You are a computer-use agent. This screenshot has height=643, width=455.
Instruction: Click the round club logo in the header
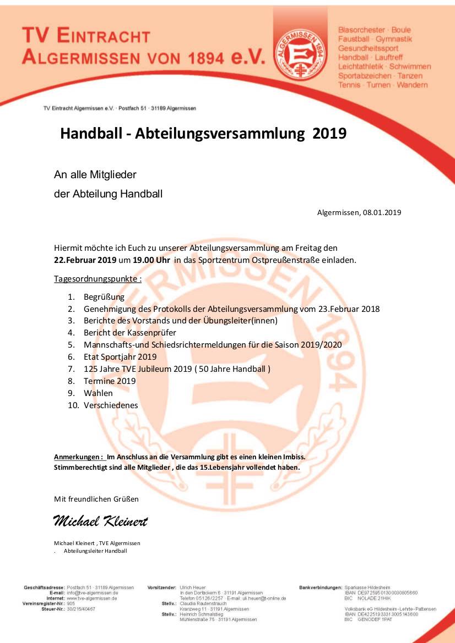tap(301, 53)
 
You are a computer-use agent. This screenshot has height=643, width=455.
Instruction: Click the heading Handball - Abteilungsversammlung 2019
tap(203, 133)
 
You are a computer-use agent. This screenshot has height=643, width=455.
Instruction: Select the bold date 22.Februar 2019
tap(81, 260)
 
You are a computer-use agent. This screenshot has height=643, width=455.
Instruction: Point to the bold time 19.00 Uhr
tap(151, 260)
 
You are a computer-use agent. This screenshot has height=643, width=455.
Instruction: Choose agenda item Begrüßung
tap(104, 296)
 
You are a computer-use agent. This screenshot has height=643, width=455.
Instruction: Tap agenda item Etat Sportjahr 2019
tap(120, 357)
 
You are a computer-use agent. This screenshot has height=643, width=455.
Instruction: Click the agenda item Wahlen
tap(98, 393)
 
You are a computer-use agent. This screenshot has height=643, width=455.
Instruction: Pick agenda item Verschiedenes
tap(111, 405)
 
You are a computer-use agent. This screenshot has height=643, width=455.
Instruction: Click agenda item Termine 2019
tap(110, 381)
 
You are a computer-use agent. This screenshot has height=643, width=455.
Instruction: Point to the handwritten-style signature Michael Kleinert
tap(100, 520)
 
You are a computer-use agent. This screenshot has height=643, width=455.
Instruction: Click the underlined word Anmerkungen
tap(78, 457)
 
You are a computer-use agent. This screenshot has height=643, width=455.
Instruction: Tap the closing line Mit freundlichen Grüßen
tap(96, 499)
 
